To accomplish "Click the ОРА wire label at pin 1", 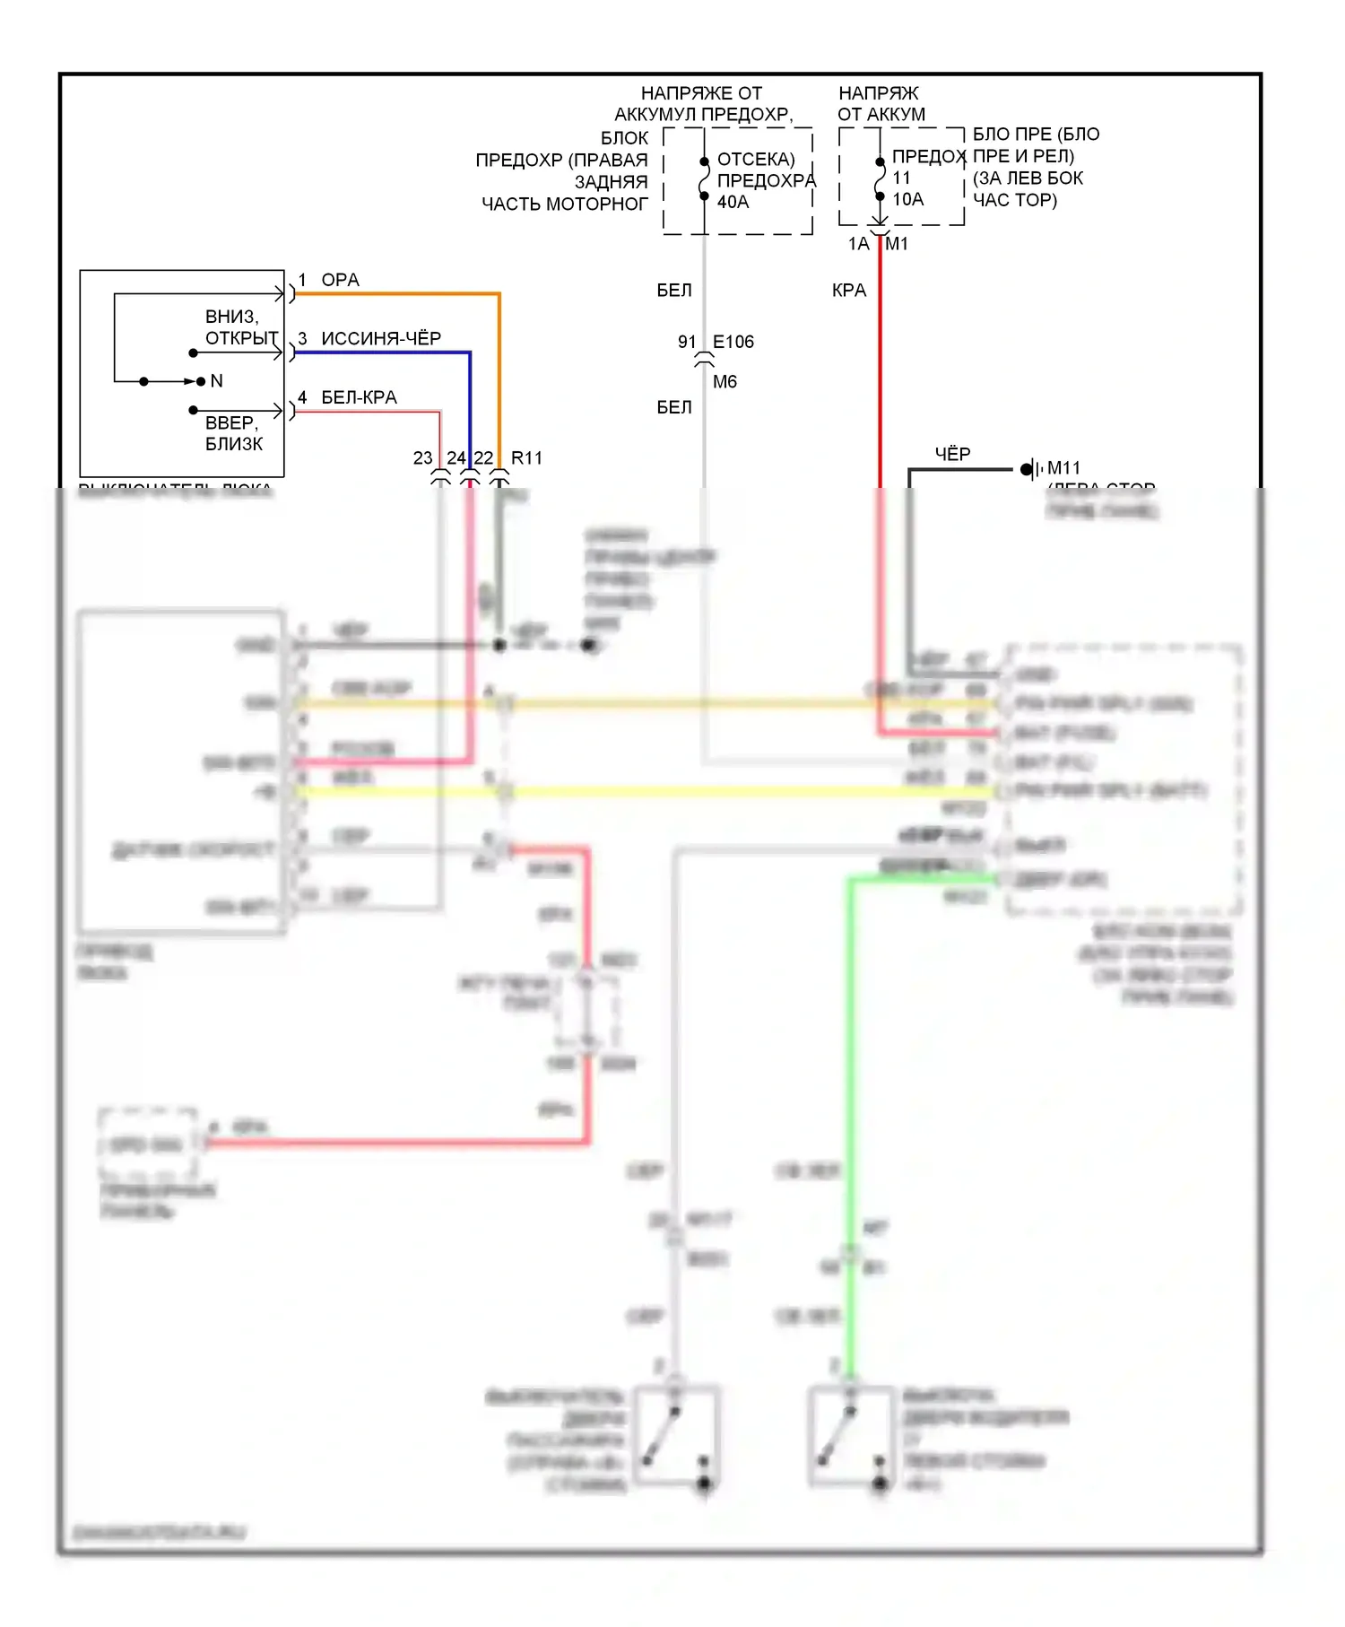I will pyautogui.click(x=340, y=280).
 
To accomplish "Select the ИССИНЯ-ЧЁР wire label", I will pyautogui.click(x=381, y=338).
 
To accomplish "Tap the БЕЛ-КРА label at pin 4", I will pyautogui.click(x=359, y=397).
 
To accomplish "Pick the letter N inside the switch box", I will pyautogui.click(x=216, y=381).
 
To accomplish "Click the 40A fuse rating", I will pyautogui.click(x=733, y=202).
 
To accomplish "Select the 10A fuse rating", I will pyautogui.click(x=907, y=199).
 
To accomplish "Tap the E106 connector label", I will pyautogui.click(x=733, y=342).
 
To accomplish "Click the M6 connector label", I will pyautogui.click(x=725, y=382).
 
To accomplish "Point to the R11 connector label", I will pyautogui.click(x=526, y=458).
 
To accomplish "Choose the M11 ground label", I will pyautogui.click(x=1063, y=468).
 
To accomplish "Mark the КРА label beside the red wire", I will pyautogui.click(x=848, y=291).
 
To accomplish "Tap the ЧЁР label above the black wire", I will pyautogui.click(x=952, y=454).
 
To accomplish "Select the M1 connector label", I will pyautogui.click(x=897, y=244).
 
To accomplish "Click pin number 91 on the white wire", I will pyautogui.click(x=687, y=342).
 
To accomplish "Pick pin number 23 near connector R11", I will pyautogui.click(x=422, y=458).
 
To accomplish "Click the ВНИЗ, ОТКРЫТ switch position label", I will pyautogui.click(x=240, y=327).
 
